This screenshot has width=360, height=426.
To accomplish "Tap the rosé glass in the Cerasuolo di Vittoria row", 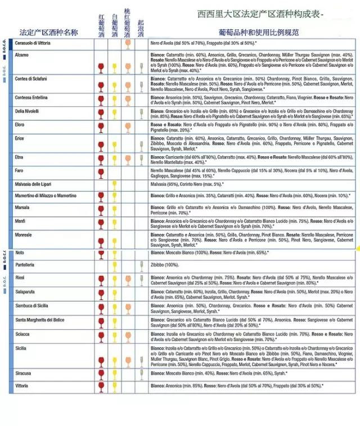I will (128, 43).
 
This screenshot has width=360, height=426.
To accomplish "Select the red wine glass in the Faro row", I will (101, 173).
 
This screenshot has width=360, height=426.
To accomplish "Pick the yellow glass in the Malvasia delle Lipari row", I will (115, 185).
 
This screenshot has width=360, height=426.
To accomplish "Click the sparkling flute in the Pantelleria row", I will (141, 266).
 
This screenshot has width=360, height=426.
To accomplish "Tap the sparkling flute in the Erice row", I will (141, 143).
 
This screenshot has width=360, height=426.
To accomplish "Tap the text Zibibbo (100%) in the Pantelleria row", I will (164, 264).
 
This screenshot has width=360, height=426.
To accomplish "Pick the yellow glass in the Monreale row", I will (115, 242).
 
